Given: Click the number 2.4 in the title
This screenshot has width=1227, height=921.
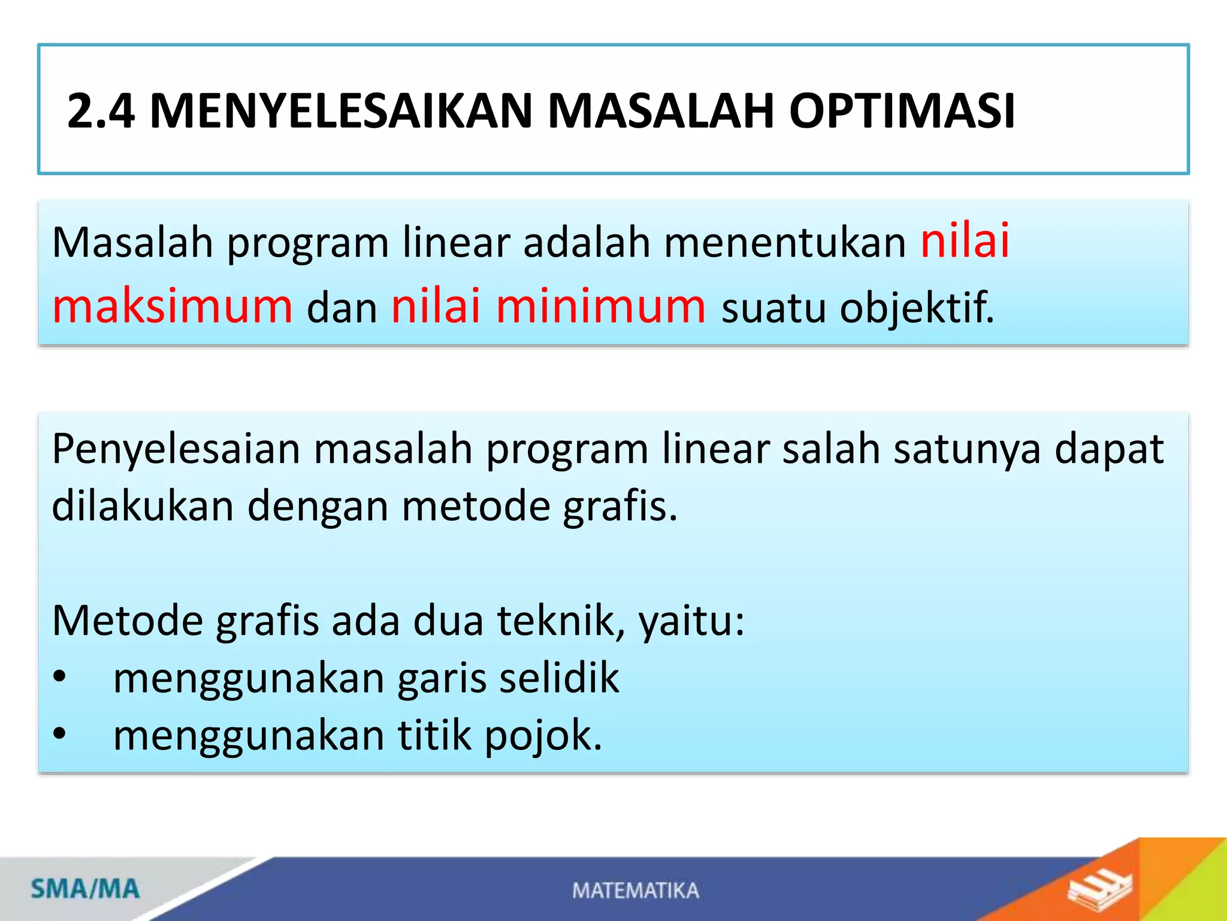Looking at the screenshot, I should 101,111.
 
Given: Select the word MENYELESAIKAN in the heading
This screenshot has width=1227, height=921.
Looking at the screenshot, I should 340,111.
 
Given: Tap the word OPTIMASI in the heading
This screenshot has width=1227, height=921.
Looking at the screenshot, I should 902,111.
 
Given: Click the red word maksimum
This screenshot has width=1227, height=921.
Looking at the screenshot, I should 173,306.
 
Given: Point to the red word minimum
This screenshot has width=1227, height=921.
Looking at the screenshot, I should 601,306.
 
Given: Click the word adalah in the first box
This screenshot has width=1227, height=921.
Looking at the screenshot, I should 587,243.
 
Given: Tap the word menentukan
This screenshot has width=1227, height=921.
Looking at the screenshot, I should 785,243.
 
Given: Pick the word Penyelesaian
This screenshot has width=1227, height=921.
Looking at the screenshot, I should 176,450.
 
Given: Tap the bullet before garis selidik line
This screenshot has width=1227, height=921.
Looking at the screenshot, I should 59,677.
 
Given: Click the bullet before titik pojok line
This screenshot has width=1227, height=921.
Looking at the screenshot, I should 59,734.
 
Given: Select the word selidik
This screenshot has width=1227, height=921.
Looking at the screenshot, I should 559,678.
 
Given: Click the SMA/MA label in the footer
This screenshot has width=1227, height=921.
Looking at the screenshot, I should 85,889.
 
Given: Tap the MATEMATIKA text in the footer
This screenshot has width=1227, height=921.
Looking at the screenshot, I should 636,890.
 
